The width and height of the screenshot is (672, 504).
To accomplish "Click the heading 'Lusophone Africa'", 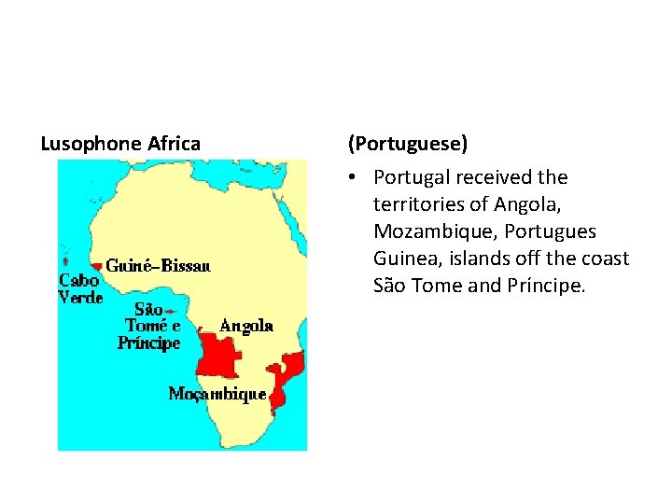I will (120, 144).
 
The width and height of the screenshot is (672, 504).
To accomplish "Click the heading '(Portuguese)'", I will (408, 144).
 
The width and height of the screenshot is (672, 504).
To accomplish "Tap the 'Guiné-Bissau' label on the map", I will (158, 266).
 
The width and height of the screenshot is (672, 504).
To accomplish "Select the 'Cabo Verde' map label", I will (79, 288).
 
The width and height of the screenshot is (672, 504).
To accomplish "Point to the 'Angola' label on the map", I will (246, 326).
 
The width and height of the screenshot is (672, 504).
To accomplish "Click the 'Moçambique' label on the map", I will (217, 394).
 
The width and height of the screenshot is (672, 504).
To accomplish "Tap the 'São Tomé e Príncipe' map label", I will (149, 326).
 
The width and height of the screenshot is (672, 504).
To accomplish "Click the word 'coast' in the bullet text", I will (607, 259).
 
